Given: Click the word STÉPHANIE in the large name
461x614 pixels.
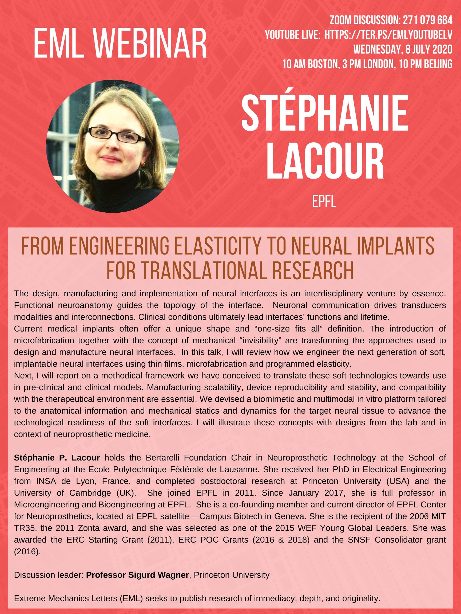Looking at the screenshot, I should (325, 115).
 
